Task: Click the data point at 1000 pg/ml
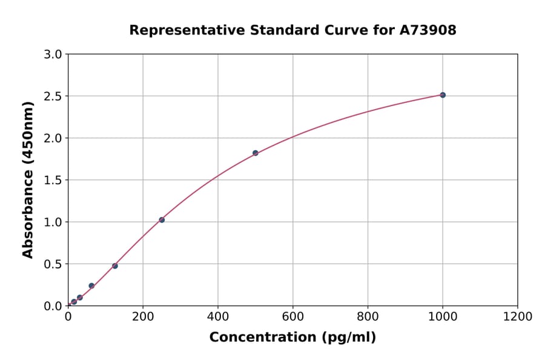click(443, 95)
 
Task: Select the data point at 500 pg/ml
click(256, 153)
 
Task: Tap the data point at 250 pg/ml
click(162, 220)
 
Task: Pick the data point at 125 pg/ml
click(115, 266)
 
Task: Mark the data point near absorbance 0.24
click(91, 286)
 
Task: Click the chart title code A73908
click(429, 30)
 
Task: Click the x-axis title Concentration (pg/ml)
click(292, 338)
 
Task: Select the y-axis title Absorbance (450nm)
click(28, 180)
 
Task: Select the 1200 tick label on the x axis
click(518, 316)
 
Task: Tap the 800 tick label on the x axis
click(368, 316)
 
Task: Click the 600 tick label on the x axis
click(292, 316)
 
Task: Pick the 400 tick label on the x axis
click(218, 316)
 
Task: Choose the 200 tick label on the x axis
click(143, 316)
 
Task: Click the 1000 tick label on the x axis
click(443, 316)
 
